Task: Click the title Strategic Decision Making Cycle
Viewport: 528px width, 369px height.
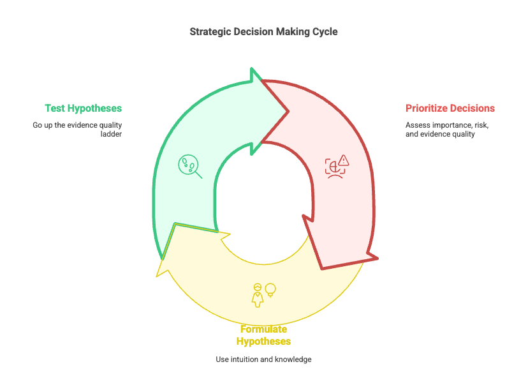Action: [x=263, y=31]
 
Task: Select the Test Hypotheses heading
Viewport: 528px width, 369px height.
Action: [x=83, y=108]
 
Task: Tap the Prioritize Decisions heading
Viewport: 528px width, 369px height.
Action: [x=450, y=108]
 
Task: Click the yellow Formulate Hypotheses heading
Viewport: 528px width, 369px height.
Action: [x=263, y=335]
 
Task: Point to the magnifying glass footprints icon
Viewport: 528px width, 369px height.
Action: [x=189, y=166]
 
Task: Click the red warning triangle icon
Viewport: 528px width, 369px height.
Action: [x=344, y=160]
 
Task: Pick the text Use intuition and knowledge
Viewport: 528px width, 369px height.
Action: [x=263, y=359]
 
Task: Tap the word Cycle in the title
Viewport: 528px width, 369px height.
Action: [x=325, y=31]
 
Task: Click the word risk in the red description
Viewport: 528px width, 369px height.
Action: [x=480, y=125]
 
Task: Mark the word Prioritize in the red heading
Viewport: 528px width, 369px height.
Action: [x=428, y=108]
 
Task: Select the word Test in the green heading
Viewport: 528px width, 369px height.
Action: [x=54, y=108]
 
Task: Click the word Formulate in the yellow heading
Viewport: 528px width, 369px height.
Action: [x=263, y=329]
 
